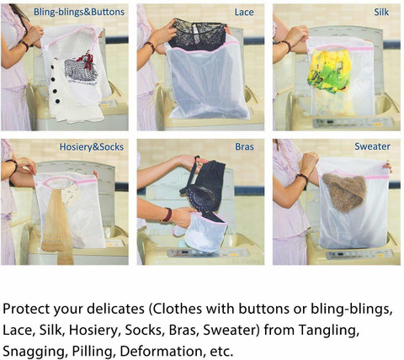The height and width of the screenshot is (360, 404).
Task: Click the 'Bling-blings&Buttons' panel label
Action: point(79,12)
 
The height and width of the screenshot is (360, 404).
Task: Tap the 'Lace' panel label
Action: point(244,12)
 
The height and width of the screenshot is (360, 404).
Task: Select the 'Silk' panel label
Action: point(381,12)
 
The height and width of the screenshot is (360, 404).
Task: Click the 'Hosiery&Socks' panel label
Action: point(92,147)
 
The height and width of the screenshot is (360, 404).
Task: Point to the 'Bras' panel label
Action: point(244,146)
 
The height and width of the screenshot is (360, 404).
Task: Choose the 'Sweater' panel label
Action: point(372,146)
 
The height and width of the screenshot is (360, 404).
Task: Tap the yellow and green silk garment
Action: point(330,70)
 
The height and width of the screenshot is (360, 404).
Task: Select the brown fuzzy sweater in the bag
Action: point(344,192)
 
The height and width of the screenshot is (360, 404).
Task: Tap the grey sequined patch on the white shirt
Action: point(81,70)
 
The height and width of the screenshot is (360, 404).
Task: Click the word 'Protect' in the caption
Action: point(26,309)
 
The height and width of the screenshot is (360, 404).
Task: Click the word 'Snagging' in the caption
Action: point(35,352)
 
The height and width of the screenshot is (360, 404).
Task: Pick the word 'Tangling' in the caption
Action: point(329,331)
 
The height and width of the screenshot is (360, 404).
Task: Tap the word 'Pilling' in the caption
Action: point(93,352)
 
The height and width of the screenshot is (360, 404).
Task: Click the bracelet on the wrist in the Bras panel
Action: point(167,214)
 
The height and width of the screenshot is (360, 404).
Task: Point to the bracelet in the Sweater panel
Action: point(302,177)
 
